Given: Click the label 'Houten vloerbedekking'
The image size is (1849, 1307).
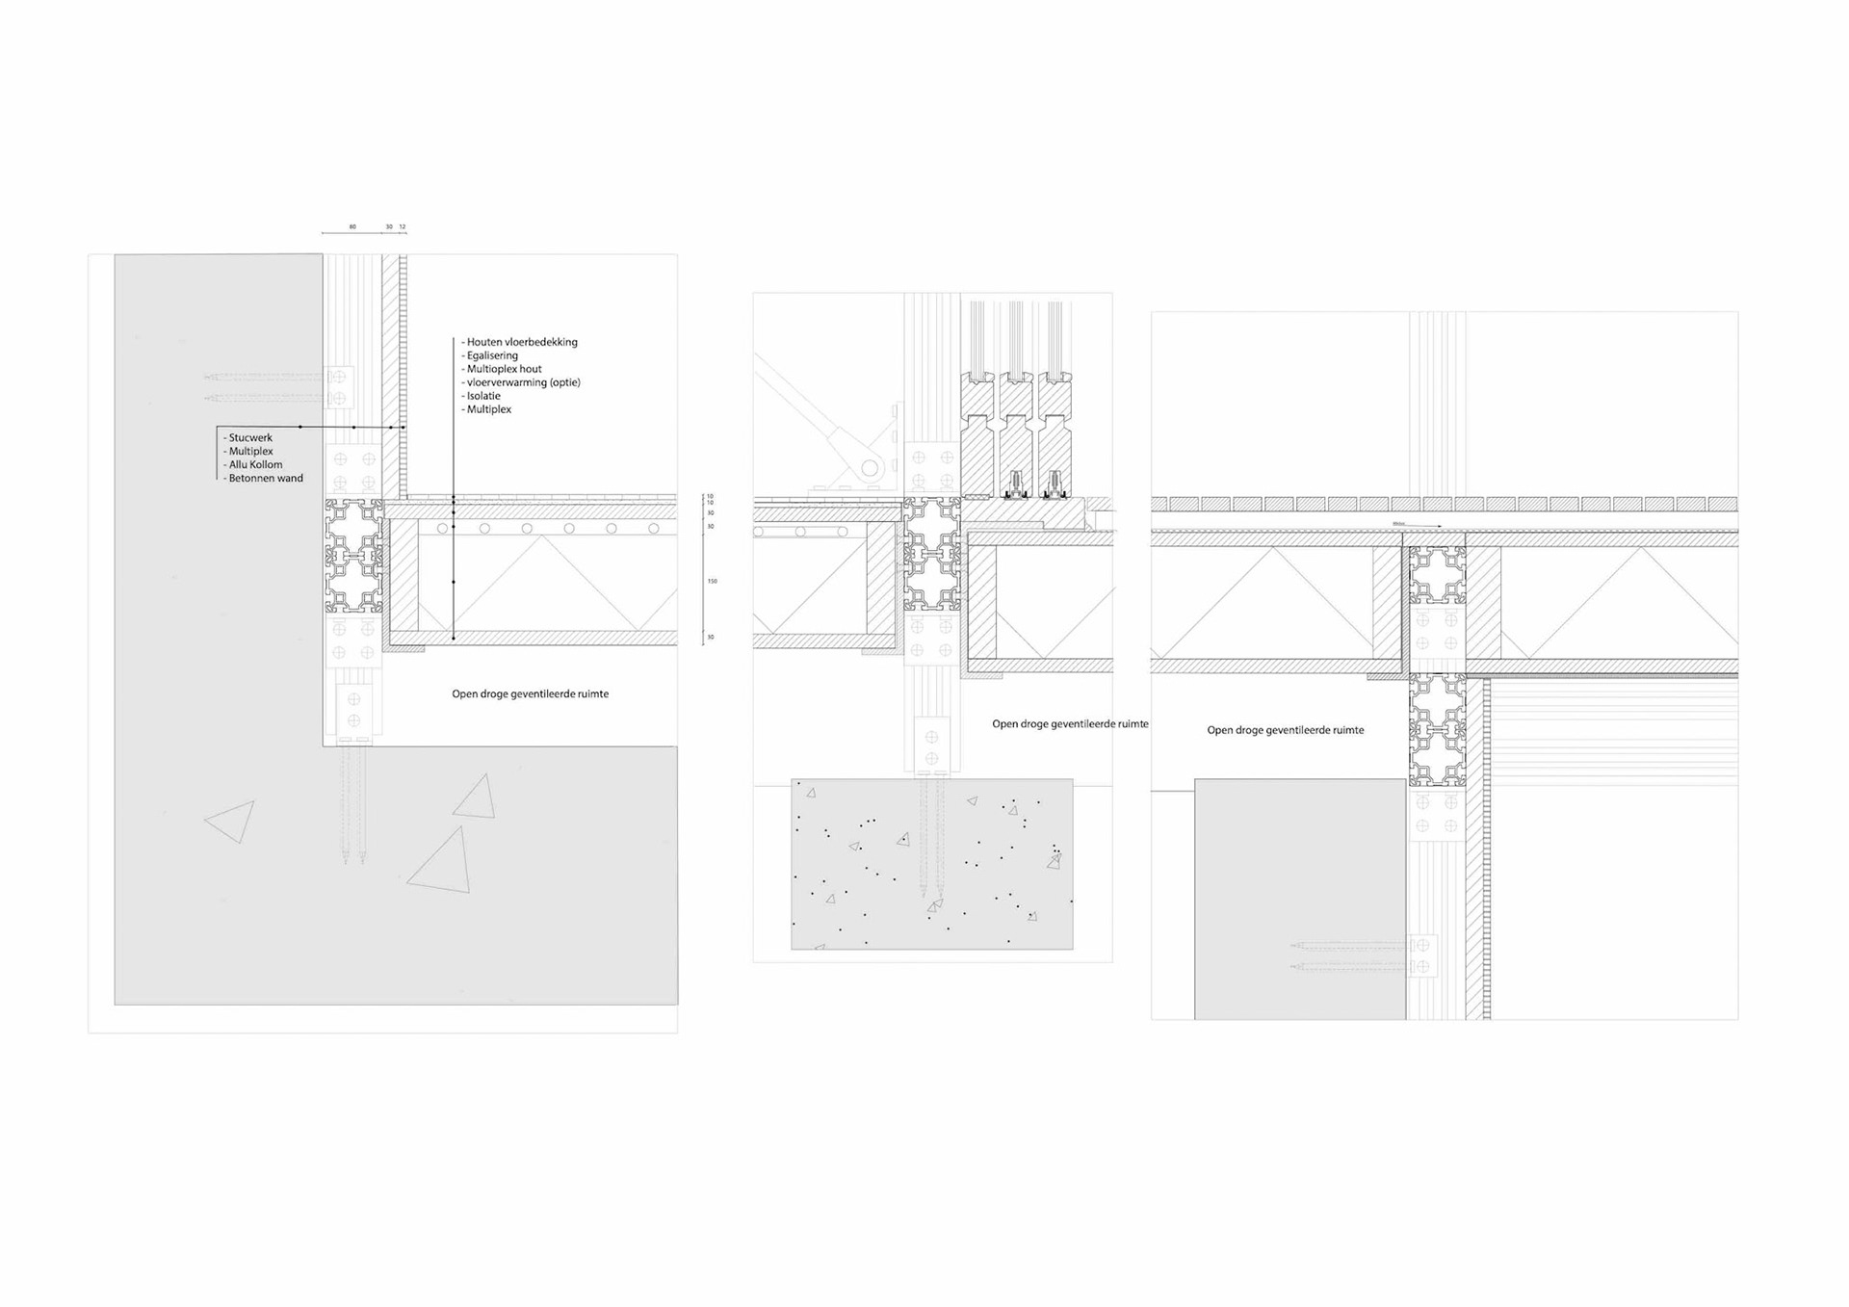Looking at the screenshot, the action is pyautogui.click(x=522, y=342).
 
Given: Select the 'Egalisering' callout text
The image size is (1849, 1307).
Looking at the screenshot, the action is pyautogui.click(x=492, y=355).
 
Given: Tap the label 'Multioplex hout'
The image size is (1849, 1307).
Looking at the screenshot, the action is pyautogui.click(x=504, y=369).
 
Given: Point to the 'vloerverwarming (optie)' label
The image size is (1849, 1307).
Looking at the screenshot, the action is pyautogui.click(x=523, y=382).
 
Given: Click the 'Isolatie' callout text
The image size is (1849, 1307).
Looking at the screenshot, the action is pyautogui.click(x=483, y=396).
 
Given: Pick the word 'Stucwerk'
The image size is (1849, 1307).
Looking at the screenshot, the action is pyautogui.click(x=250, y=438).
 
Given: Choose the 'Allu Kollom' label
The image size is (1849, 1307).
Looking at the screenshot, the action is pyautogui.click(x=255, y=465).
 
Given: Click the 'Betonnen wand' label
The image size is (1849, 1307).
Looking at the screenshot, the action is pyautogui.click(x=266, y=479).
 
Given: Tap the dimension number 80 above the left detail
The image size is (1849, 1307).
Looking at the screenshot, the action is pyautogui.click(x=352, y=227).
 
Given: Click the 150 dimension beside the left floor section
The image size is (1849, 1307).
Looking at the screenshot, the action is pyautogui.click(x=713, y=582).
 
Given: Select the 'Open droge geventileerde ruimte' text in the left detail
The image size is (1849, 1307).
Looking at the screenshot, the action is pyautogui.click(x=530, y=694).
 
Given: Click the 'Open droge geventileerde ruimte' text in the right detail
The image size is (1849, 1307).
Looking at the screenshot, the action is pyautogui.click(x=1286, y=730).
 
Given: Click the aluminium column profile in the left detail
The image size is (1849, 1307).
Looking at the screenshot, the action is pyautogui.click(x=353, y=556).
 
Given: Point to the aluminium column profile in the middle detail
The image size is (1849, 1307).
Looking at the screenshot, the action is pyautogui.click(x=931, y=555).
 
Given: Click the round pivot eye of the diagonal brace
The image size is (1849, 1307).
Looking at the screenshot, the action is pyautogui.click(x=871, y=469).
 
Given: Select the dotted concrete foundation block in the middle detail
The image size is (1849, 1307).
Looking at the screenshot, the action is pyautogui.click(x=931, y=864).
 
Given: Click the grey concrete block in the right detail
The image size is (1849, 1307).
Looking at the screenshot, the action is pyautogui.click(x=1299, y=899).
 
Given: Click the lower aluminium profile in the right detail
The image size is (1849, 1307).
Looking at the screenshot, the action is pyautogui.click(x=1437, y=730).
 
